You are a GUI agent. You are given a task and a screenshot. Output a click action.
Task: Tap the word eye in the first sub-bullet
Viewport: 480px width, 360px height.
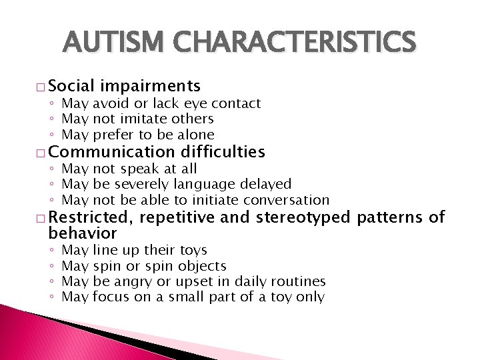pos(197,103)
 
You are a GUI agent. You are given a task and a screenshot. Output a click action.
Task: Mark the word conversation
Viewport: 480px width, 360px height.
pos(286,200)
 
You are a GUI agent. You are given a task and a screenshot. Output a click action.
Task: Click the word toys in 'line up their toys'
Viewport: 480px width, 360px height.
pos(193,250)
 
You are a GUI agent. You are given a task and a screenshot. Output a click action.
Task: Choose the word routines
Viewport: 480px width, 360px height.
pos(297,282)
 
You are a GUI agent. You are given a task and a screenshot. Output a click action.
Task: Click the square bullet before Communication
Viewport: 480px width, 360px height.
pos(41,153)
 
